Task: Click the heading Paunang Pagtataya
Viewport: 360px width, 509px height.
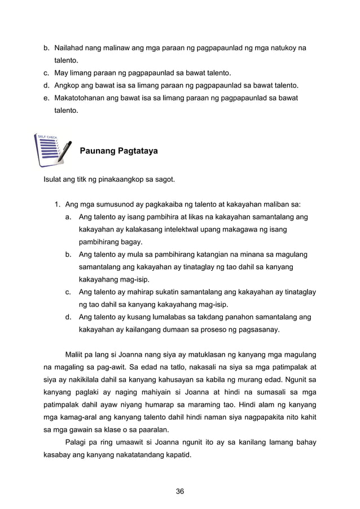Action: click(x=118, y=151)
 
